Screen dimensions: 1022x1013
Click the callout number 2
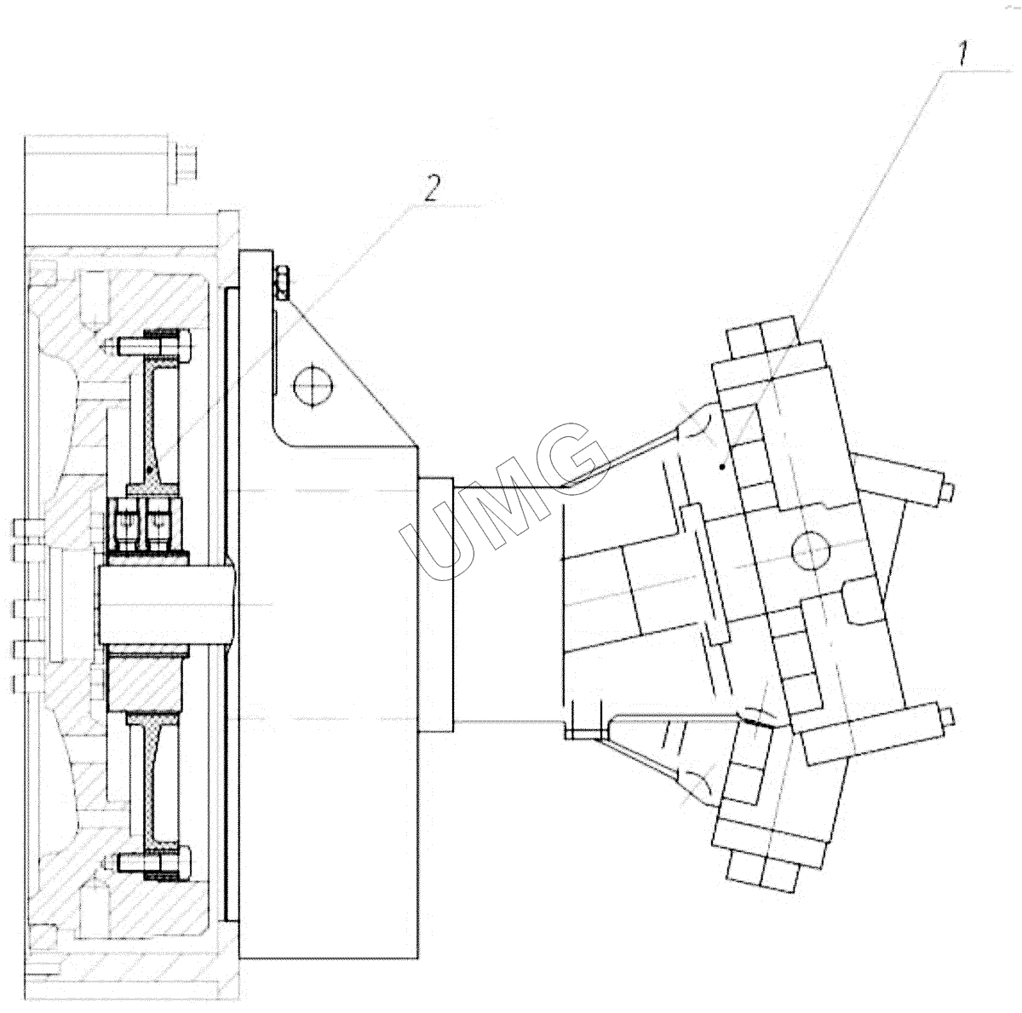tap(433, 188)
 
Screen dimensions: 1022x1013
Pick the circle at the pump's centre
tap(810, 550)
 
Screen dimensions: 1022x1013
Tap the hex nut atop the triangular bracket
tap(282, 282)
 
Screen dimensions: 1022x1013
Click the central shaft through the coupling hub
tap(168, 604)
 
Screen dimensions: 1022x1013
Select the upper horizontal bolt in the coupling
tap(154, 347)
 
